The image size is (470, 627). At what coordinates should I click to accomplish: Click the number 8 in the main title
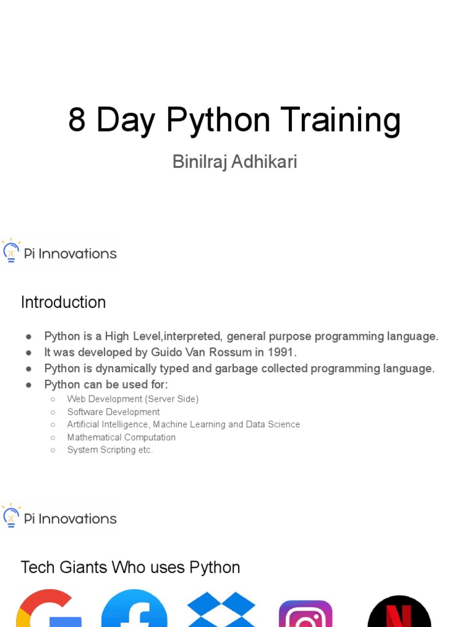(x=76, y=120)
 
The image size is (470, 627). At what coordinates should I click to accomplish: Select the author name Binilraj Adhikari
(x=234, y=162)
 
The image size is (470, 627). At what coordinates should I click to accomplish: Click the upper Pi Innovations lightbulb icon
(x=10, y=251)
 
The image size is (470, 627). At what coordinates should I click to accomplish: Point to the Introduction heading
(x=63, y=302)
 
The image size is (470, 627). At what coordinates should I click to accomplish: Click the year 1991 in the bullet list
(x=283, y=353)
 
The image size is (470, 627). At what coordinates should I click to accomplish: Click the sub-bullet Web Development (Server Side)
(x=133, y=399)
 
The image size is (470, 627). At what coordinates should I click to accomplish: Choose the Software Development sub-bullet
(x=113, y=412)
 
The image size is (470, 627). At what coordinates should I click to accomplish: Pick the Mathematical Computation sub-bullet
(x=121, y=437)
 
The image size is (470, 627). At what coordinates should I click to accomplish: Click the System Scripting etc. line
(x=110, y=450)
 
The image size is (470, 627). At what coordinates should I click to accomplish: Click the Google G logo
(x=47, y=610)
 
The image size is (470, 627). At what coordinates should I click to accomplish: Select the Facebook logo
(x=134, y=610)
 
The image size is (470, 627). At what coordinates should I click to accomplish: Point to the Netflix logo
(x=399, y=612)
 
